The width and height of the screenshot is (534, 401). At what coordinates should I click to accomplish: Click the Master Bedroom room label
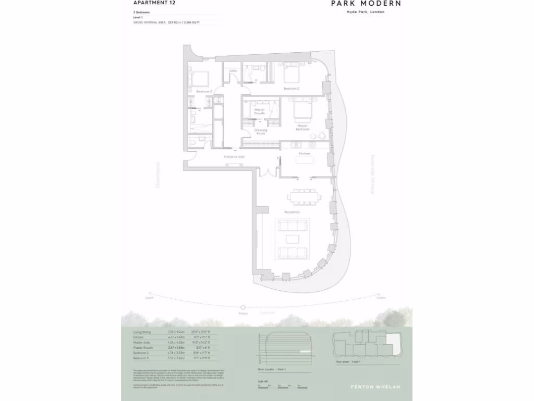point(302,127)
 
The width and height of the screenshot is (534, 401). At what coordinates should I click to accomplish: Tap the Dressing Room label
point(260,132)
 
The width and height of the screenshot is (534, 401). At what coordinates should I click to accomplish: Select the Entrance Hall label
point(234,157)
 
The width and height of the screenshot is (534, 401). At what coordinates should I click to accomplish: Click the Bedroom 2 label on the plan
point(290,89)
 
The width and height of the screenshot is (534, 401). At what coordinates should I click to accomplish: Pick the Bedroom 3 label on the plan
point(203,91)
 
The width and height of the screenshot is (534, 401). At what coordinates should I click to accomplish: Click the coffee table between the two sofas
point(293,239)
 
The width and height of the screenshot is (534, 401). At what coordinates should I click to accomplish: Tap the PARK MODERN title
point(366,4)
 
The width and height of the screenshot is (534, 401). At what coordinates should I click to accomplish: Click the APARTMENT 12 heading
point(154,3)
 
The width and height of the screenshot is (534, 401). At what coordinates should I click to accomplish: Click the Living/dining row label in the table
point(142,332)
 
